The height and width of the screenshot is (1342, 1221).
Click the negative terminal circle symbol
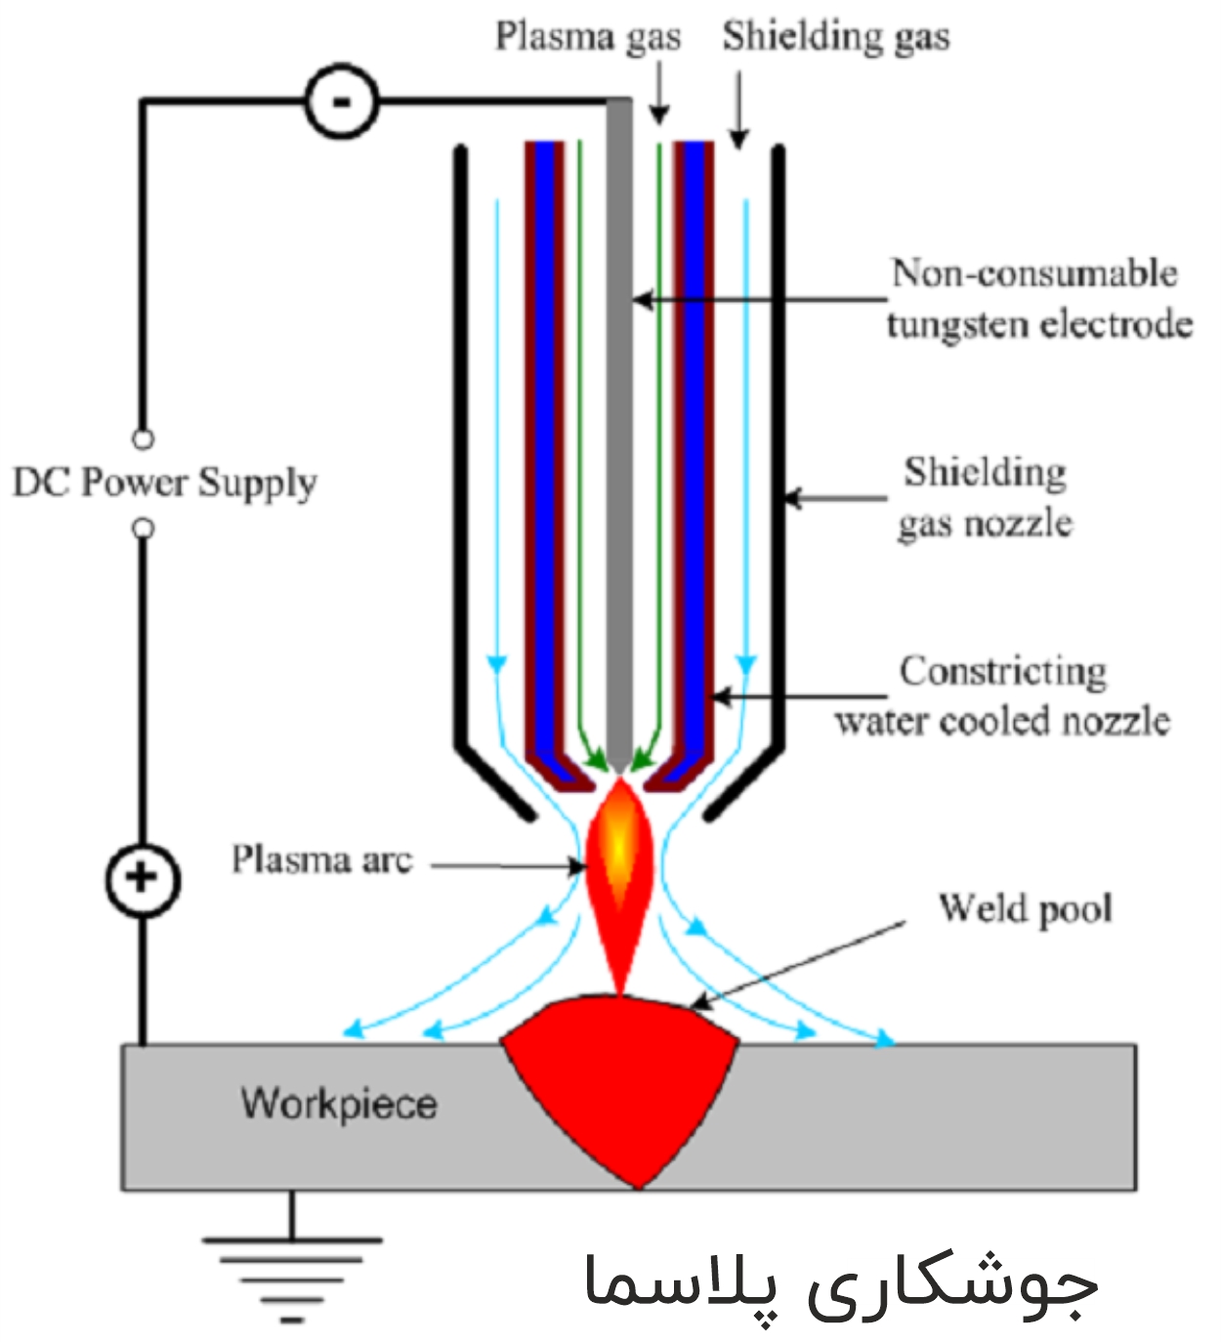[x=341, y=102]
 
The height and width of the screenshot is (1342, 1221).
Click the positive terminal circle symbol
[x=143, y=878]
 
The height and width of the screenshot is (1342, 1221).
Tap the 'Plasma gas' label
[x=587, y=37]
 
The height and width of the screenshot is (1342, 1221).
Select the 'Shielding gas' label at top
[x=835, y=37]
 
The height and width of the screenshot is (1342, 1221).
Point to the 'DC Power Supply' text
[x=164, y=482]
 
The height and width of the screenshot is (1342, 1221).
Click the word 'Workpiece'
[x=339, y=1104]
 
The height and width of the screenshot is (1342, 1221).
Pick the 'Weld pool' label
[x=1025, y=908]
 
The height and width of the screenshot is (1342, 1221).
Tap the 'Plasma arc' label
[x=321, y=860]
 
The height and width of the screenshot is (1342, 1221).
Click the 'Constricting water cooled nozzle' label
[x=1002, y=695]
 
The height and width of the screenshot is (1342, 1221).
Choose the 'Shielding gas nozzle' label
[x=985, y=497]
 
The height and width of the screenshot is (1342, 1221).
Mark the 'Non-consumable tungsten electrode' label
[x=1038, y=298]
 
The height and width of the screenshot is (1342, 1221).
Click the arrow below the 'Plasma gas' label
[x=659, y=93]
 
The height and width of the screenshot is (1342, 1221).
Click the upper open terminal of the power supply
[x=143, y=440]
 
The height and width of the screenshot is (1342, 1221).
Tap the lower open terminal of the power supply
[x=143, y=528]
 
